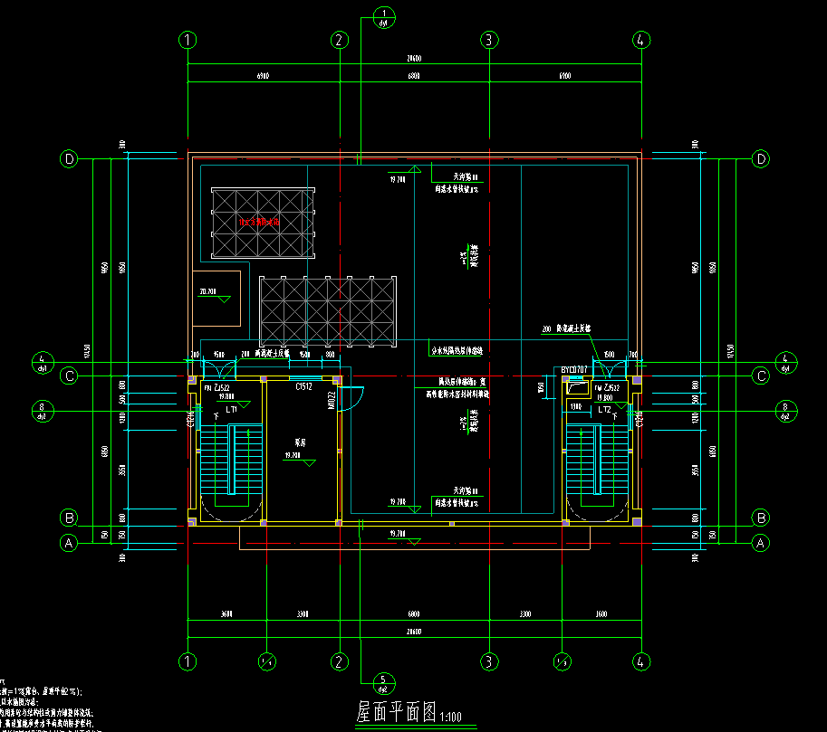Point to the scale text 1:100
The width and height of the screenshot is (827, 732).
click(x=450, y=718)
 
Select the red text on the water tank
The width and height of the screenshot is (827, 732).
click(x=261, y=221)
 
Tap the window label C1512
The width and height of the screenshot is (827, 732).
click(x=303, y=386)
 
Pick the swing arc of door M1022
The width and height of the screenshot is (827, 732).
click(x=355, y=395)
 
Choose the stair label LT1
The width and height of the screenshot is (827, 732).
click(x=232, y=409)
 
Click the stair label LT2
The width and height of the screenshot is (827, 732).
click(x=604, y=409)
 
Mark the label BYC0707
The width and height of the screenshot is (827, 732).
click(x=574, y=370)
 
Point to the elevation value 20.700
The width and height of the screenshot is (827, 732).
click(x=207, y=292)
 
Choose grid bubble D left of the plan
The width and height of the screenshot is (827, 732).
click(x=70, y=159)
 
